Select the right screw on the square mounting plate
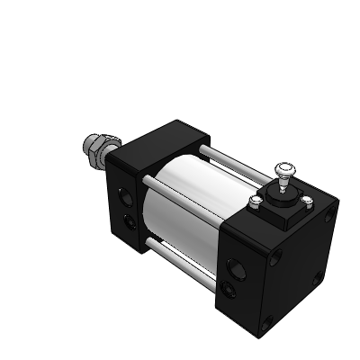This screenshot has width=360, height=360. point(308,201)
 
